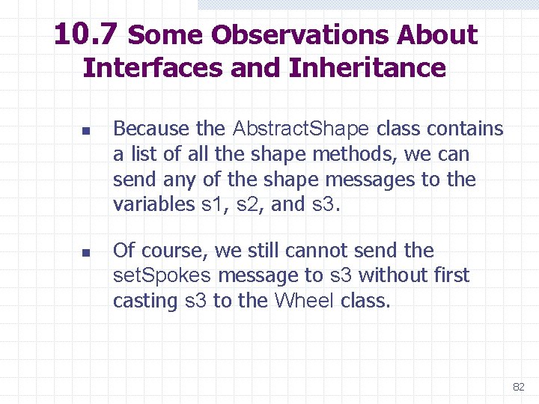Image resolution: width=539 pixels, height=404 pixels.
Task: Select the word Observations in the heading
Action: coord(301,35)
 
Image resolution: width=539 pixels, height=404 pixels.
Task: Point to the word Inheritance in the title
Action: coord(367,68)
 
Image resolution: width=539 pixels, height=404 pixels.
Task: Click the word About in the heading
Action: coord(437,35)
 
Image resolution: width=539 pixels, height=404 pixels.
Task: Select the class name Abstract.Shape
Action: coord(301,129)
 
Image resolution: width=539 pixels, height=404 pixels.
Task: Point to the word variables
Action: coord(153,205)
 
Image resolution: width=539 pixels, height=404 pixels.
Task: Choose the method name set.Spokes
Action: coord(162,276)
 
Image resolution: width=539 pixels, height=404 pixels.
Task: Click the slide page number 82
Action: coord(518,387)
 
